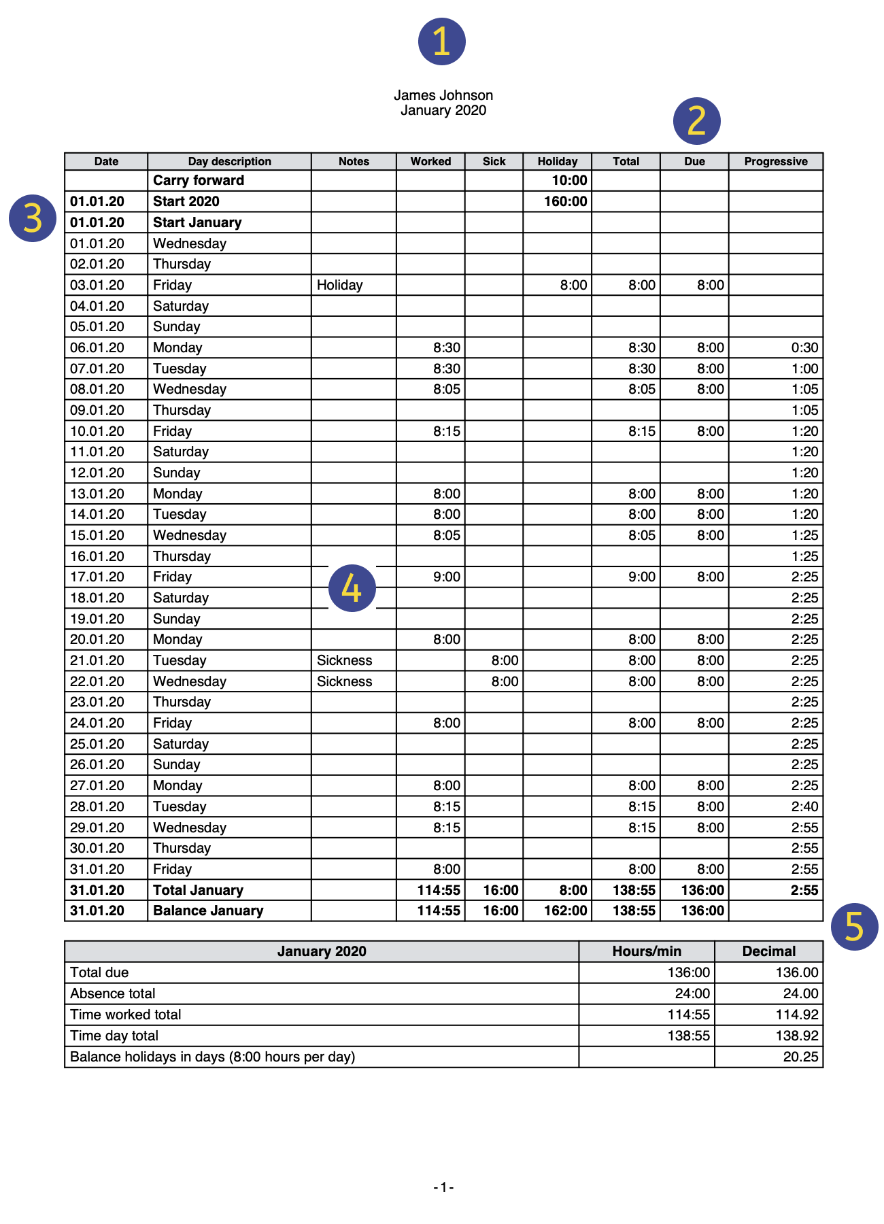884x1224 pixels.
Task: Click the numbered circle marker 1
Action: click(441, 41)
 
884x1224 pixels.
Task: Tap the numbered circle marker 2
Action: click(696, 121)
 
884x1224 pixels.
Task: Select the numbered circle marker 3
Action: click(32, 218)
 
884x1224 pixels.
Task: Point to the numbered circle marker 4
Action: click(352, 588)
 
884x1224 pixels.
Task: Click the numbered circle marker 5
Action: click(854, 926)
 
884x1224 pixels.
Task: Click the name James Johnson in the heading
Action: click(443, 95)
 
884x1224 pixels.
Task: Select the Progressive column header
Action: click(775, 161)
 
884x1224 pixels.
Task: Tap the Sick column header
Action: click(494, 161)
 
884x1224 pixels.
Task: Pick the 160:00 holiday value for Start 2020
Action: click(565, 201)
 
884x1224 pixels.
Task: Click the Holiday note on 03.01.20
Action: click(339, 285)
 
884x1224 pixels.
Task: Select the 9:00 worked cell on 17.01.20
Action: click(446, 577)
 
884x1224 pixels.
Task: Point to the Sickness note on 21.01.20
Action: click(344, 660)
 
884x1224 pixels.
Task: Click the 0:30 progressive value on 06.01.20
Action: click(804, 347)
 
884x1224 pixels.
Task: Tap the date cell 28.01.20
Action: click(97, 806)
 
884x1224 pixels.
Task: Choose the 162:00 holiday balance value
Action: click(565, 911)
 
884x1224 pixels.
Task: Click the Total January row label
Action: click(198, 890)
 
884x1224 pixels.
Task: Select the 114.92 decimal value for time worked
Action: click(796, 1015)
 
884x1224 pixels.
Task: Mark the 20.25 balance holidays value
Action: click(800, 1057)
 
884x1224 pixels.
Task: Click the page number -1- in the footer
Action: click(443, 1187)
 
